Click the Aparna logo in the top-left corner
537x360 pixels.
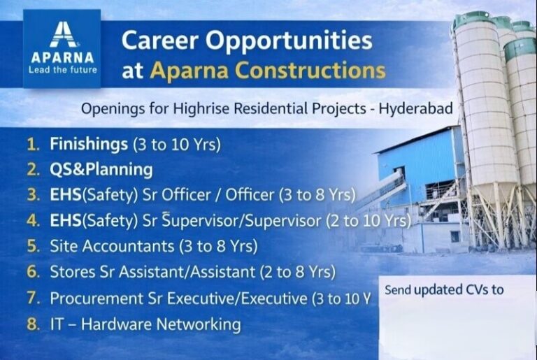62,48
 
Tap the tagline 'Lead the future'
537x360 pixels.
62,70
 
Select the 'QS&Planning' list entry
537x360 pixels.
101,170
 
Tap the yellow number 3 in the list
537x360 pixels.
31,195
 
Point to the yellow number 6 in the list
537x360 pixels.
31,272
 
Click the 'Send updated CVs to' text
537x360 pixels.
444,289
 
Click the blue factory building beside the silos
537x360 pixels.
420,175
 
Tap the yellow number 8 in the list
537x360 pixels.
31,324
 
